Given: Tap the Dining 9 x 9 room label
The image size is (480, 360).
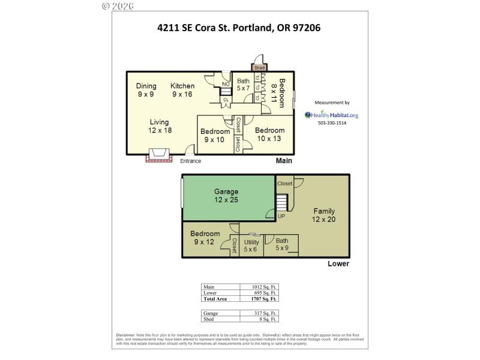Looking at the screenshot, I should tap(146, 90).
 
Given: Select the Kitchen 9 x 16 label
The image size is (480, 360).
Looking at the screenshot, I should tap(182, 90).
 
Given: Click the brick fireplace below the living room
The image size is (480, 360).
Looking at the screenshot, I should tap(159, 156).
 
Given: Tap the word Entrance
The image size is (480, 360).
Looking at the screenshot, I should tap(191, 161).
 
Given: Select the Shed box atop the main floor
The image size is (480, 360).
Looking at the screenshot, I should tap(260, 67).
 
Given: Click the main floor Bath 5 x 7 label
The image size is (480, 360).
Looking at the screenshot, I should tap(243, 85).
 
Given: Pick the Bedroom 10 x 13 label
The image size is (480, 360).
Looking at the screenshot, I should tap(269, 134).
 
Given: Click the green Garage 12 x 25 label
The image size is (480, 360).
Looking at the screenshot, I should tap(226, 196).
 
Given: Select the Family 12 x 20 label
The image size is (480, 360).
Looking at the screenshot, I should tap(323, 215).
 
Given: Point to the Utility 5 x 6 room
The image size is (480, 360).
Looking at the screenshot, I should tap(251, 246).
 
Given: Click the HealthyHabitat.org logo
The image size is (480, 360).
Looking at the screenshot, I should tap(331, 115).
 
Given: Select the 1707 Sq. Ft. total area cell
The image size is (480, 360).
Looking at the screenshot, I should tap(259, 298).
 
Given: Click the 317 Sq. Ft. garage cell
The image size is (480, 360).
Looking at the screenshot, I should tap(259, 313).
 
